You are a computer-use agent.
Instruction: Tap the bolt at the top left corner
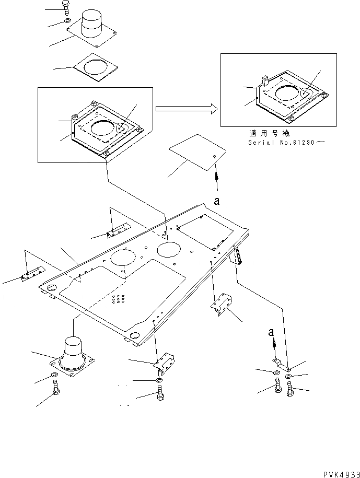click(x=65, y=8)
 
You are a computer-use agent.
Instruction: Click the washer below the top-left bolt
click(x=68, y=21)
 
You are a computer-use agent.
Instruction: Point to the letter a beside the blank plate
click(x=216, y=199)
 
